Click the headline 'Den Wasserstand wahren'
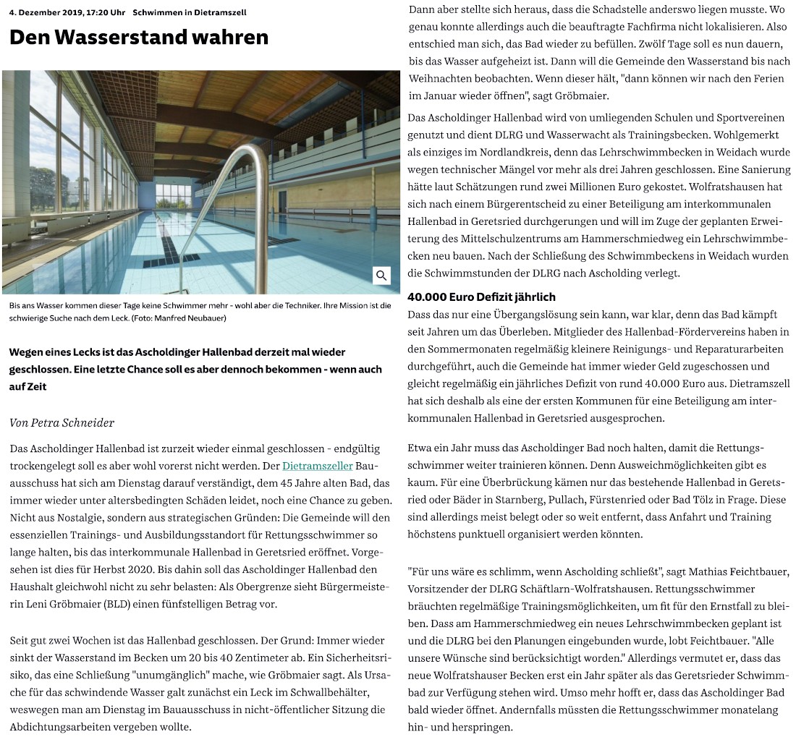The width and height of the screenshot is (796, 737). (x=139, y=37)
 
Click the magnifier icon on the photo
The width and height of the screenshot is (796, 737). (x=381, y=276)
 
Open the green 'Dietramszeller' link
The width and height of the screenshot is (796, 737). (x=317, y=467)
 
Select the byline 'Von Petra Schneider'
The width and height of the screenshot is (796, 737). (x=62, y=422)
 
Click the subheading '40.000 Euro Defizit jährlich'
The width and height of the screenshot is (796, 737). (x=481, y=297)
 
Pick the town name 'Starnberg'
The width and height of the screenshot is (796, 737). (x=526, y=500)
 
